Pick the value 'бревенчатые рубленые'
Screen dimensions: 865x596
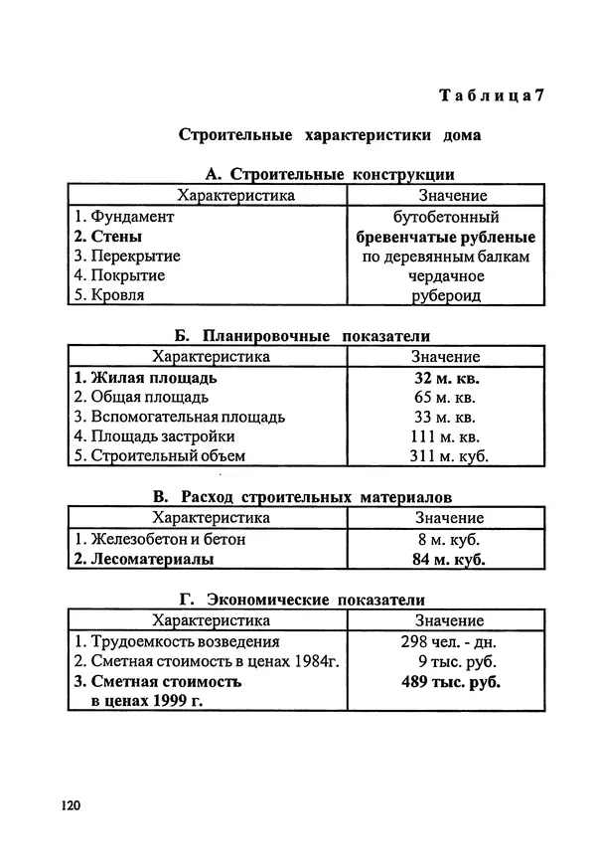tap(446, 237)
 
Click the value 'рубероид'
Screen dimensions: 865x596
tap(446, 295)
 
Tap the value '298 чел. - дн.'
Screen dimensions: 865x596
tap(445, 641)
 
